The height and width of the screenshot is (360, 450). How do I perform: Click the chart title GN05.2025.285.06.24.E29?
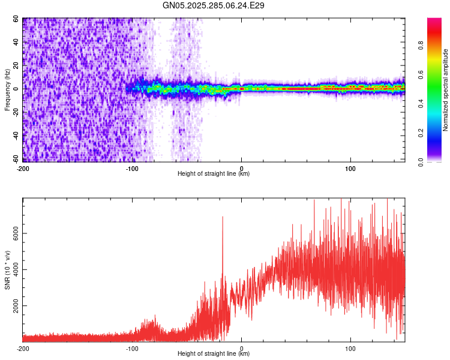pyautogui.click(x=214, y=5)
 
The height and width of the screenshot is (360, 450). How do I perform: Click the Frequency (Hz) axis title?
pyautogui.click(x=7, y=89)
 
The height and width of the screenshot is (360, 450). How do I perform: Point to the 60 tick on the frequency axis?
pyautogui.click(x=17, y=19)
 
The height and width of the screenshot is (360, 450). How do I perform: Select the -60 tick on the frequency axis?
pyautogui.click(x=15, y=159)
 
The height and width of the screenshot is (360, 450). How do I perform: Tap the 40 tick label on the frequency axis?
pyautogui.click(x=17, y=42)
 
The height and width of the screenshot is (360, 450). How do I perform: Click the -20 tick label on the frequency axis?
pyautogui.click(x=15, y=112)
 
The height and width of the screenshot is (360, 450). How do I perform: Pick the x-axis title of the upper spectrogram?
pyautogui.click(x=214, y=174)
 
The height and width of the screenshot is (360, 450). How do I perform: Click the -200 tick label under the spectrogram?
pyautogui.click(x=23, y=168)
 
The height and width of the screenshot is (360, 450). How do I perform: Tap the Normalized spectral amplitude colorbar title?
pyautogui.click(x=445, y=90)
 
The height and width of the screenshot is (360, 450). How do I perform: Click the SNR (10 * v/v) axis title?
pyautogui.click(x=7, y=269)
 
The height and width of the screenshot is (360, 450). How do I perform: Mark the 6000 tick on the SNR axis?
pyautogui.click(x=13, y=234)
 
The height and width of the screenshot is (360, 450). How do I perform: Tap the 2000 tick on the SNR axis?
pyautogui.click(x=13, y=306)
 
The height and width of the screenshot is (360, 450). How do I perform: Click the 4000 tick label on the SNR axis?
pyautogui.click(x=13, y=270)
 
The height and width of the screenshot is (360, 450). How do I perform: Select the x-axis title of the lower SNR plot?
pyautogui.click(x=214, y=354)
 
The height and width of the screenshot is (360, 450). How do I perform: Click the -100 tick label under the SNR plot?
pyautogui.click(x=132, y=348)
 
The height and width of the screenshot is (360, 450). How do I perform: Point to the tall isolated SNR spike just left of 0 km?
pyautogui.click(x=223, y=217)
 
